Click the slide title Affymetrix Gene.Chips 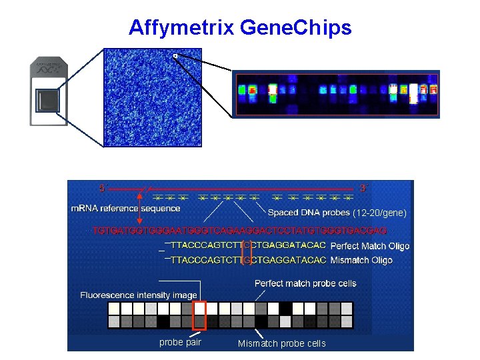click(x=239, y=28)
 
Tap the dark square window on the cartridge click(x=49, y=101)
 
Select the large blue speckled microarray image click(x=153, y=97)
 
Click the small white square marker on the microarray click(x=175, y=56)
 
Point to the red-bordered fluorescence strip click(x=336, y=94)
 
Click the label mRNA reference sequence click(x=125, y=208)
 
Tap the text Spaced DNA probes click(x=309, y=213)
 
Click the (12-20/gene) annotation click(x=379, y=213)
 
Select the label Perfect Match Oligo click(x=370, y=246)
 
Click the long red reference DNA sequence click(x=239, y=231)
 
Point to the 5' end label click(x=102, y=188)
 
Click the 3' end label click(x=364, y=188)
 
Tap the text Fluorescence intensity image click(x=139, y=295)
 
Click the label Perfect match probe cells click(x=305, y=283)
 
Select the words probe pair click(x=179, y=343)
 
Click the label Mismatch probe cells click(x=282, y=343)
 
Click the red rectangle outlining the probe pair click(x=199, y=315)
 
